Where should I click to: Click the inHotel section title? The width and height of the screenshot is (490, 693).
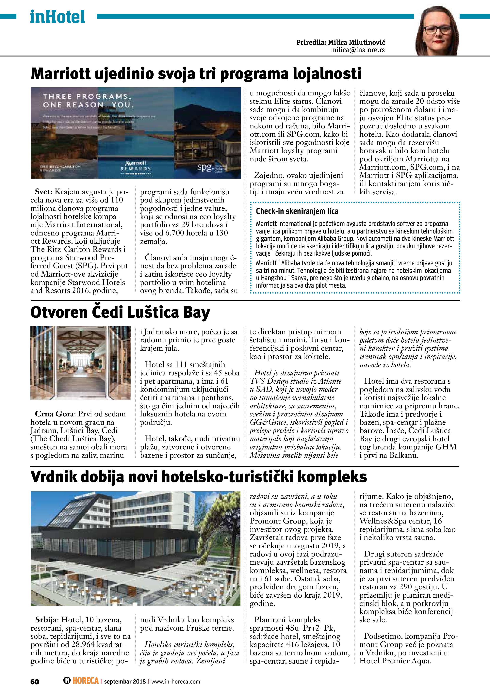57,17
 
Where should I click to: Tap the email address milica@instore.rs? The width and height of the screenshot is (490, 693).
358,50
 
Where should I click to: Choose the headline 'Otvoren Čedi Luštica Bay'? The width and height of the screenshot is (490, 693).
120,312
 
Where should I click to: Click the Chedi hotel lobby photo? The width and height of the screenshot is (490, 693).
81,363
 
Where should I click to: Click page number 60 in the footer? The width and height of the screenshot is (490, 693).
35,682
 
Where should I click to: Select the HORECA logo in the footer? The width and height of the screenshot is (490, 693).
81,681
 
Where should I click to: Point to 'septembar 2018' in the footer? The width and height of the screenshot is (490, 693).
125,682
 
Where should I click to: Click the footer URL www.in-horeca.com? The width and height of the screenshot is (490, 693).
175,682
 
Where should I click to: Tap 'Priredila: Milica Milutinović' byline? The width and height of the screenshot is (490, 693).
341,42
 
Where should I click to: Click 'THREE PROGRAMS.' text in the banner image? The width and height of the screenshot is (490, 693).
87,97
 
